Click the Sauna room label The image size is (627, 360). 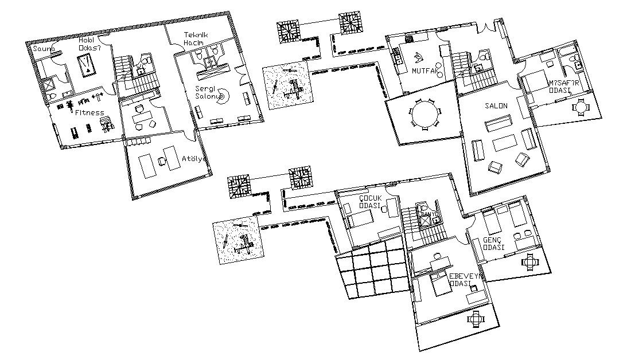click(43, 49)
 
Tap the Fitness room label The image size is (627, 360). click(89, 112)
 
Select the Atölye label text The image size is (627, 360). click(192, 159)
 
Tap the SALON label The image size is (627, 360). click(496, 107)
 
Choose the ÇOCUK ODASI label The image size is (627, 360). click(371, 201)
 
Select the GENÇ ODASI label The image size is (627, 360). click(493, 243)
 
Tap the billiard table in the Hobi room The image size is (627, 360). click(88, 67)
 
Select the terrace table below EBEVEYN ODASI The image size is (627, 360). click(476, 319)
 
